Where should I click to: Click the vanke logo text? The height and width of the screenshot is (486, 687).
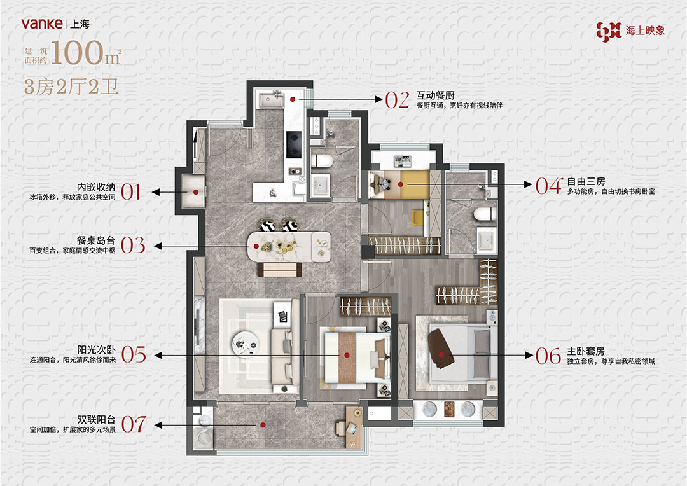[x=42, y=24]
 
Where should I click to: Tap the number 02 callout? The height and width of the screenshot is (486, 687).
[x=398, y=101]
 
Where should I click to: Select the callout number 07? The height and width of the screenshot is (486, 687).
[x=134, y=424]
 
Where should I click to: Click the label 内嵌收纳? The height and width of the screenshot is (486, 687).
[x=96, y=187]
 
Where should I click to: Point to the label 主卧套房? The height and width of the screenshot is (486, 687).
[x=586, y=351]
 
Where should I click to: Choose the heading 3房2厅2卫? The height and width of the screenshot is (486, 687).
[x=71, y=87]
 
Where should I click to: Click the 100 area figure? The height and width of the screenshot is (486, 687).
[x=77, y=53]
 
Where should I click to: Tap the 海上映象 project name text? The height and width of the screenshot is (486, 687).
[x=646, y=31]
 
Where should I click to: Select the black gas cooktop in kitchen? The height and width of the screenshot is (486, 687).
[x=294, y=144]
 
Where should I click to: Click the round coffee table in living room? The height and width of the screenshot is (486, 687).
[x=245, y=345]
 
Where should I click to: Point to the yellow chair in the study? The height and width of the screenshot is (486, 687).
[x=418, y=216]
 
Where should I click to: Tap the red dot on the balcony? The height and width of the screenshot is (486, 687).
[x=263, y=425]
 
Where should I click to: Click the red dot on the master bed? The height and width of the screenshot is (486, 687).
[x=441, y=354]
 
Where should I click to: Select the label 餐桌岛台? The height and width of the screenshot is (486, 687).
[x=96, y=240]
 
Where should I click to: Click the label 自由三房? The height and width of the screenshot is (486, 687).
[x=586, y=181]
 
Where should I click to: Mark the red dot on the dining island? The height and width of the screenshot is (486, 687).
[x=257, y=246]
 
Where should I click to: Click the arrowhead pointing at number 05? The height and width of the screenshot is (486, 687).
[x=158, y=355]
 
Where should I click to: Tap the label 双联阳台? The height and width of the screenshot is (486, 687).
[x=97, y=419]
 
